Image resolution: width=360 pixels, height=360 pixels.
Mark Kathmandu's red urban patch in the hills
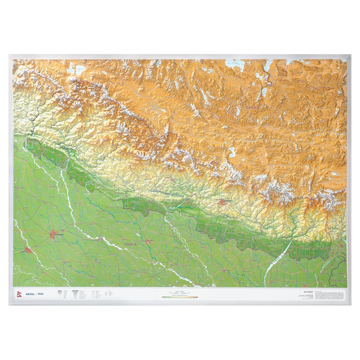[x=224, y=202]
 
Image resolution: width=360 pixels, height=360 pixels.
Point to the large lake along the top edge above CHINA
[x=235, y=62]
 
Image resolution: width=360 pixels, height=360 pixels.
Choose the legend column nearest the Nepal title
[x=59, y=294]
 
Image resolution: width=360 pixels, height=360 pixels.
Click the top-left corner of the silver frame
[x=10, y=56]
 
